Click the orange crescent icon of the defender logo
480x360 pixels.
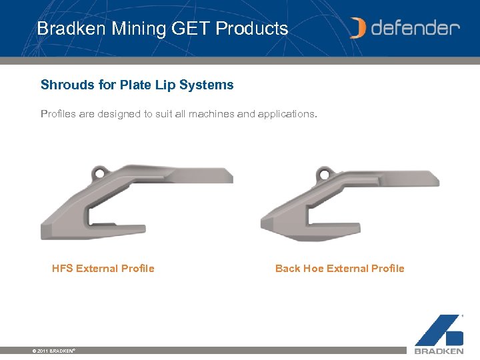coord(359,28)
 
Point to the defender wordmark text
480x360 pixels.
coord(415,28)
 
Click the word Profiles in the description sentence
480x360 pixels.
coord(59,114)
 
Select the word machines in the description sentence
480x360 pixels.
coord(212,114)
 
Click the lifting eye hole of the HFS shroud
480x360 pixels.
coord(100,174)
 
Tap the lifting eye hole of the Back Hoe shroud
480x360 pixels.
coord(324,175)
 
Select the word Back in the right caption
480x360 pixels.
coord(288,269)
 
